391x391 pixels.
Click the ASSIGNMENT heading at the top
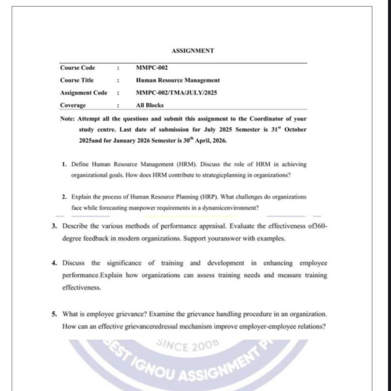tap(192, 50)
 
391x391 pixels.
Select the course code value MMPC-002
tap(152, 68)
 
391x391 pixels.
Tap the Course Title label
tap(77, 80)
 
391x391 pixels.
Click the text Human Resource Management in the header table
tap(178, 80)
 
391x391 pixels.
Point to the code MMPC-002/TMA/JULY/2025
tap(176, 93)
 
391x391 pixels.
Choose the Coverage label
tap(73, 105)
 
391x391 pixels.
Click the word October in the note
tap(296, 129)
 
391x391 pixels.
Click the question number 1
tap(63, 165)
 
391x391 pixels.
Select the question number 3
tap(55, 226)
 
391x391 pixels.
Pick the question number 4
tap(55, 263)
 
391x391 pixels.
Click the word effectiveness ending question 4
tap(77, 288)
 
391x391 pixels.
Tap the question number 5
tap(55, 314)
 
